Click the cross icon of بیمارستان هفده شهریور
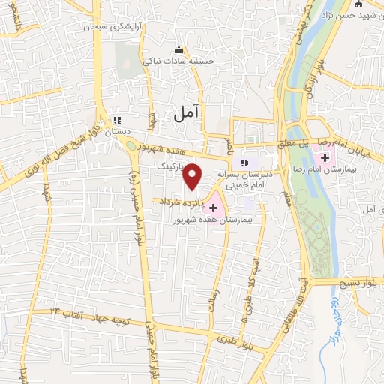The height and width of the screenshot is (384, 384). [213, 208]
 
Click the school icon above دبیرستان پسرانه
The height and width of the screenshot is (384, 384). [244, 163]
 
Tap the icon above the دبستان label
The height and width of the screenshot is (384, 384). [116, 119]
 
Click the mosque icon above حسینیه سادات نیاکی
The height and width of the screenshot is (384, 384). [178, 50]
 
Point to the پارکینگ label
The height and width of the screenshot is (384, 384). [170, 161]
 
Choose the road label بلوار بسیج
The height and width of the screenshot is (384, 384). [356, 282]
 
